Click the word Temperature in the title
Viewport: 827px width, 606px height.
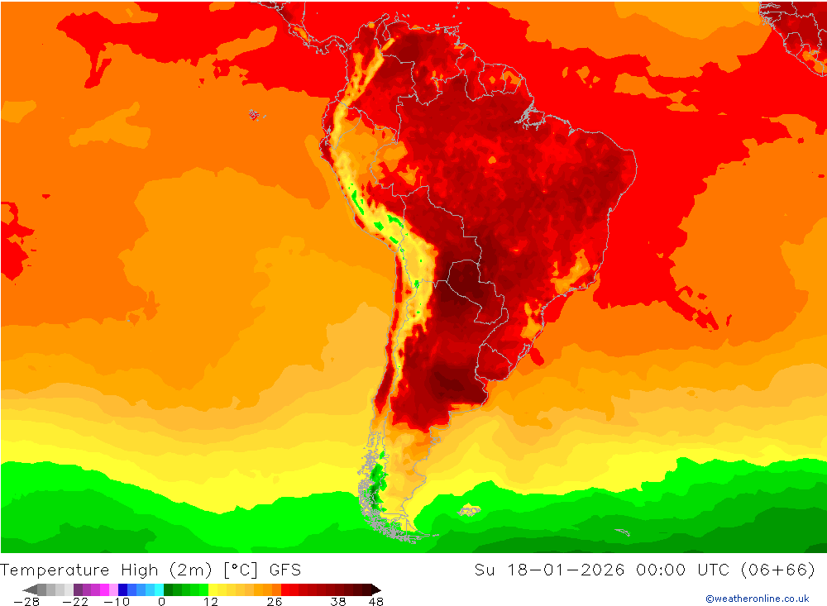(x=55, y=570)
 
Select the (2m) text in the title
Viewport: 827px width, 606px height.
(x=193, y=570)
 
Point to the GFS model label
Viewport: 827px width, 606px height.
(x=284, y=570)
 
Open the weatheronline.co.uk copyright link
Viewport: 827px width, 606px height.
(x=758, y=599)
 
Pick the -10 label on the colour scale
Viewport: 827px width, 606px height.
(x=117, y=602)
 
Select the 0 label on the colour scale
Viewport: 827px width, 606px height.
(x=161, y=602)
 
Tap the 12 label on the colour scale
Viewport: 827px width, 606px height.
(x=211, y=602)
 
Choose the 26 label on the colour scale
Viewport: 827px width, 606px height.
(x=275, y=602)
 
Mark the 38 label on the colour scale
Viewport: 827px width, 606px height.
(x=338, y=602)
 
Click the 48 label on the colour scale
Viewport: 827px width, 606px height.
(x=375, y=602)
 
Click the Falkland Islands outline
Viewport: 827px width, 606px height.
(x=470, y=510)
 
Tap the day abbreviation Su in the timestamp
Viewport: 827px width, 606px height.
(x=485, y=570)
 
